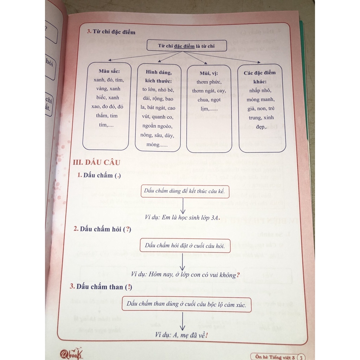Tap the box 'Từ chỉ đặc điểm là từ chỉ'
pyautogui.click(x=186, y=46)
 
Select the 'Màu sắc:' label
pyautogui.click(x=107, y=71)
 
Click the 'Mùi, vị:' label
pyautogui.click(x=208, y=73)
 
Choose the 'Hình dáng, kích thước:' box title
pyautogui.click(x=158, y=77)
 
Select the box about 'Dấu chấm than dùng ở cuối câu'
pyautogui.click(x=186, y=304)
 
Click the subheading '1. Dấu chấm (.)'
pyautogui.click(x=99, y=175)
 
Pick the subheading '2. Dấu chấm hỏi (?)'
pyautogui.click(x=102, y=229)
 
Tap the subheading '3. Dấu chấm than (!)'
pyautogui.click(x=101, y=287)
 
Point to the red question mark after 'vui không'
pyautogui.click(x=238, y=275)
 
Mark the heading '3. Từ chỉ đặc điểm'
pyautogui.click(x=111, y=32)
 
